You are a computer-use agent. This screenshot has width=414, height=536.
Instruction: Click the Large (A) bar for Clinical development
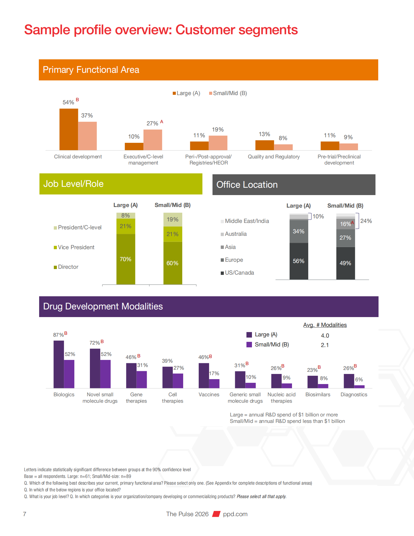click(68, 129)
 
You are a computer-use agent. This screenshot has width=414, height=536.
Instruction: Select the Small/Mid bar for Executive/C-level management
click(153, 140)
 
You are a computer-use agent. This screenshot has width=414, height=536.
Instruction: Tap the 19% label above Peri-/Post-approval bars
click(218, 130)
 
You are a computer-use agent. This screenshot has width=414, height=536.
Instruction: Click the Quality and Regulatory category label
click(274, 157)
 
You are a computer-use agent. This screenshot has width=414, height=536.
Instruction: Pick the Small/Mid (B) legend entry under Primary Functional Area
click(228, 93)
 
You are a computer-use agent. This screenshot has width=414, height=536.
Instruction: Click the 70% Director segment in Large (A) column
click(126, 259)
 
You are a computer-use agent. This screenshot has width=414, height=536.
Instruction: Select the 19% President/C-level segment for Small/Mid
click(172, 220)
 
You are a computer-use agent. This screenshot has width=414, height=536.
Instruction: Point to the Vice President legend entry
click(76, 247)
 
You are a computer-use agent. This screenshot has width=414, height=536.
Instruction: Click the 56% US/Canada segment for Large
click(299, 261)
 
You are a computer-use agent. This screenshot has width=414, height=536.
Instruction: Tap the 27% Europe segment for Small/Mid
click(346, 238)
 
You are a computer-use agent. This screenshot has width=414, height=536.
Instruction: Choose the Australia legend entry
click(235, 234)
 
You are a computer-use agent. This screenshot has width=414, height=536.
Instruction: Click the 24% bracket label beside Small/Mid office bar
click(366, 221)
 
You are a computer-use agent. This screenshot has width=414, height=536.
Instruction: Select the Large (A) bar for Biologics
click(59, 364)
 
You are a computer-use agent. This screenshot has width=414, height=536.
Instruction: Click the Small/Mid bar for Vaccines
click(214, 383)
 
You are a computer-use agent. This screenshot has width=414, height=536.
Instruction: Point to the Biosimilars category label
click(318, 394)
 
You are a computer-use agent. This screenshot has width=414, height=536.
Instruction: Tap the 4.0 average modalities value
click(325, 335)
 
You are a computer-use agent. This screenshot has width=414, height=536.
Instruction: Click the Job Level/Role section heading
click(73, 184)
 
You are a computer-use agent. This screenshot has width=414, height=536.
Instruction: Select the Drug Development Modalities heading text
click(103, 306)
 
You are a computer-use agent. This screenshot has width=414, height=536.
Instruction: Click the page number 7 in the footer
click(25, 514)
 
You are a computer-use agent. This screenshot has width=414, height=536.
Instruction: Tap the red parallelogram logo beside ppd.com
click(216, 514)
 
